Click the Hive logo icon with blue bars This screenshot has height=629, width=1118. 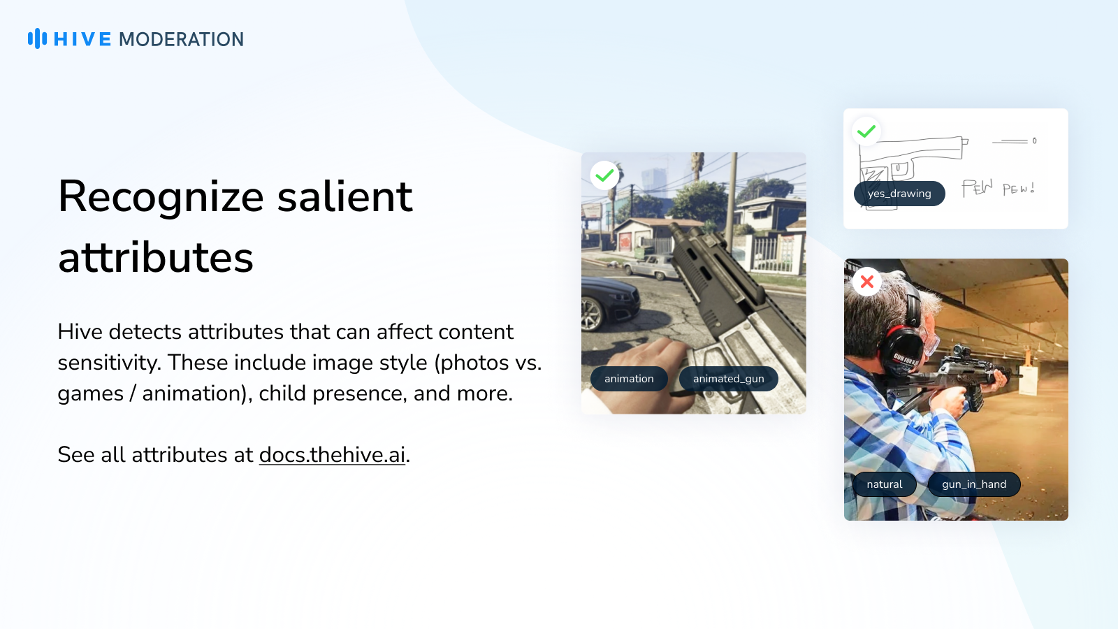(x=38, y=38)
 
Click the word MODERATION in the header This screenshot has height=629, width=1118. (x=181, y=39)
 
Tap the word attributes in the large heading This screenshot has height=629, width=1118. (x=156, y=258)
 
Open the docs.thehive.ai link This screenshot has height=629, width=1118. (x=332, y=455)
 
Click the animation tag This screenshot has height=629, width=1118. (x=629, y=379)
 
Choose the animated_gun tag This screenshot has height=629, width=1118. (x=728, y=379)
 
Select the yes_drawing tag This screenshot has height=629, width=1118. (x=899, y=194)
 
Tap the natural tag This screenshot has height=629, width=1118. (x=885, y=484)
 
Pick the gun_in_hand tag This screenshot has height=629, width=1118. (x=974, y=484)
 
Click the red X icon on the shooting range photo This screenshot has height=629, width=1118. (x=867, y=282)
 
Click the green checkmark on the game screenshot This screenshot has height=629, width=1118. (x=604, y=175)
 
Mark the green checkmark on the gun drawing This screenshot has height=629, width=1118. (x=866, y=132)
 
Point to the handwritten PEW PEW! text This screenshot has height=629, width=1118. (x=999, y=188)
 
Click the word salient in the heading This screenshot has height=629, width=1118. (x=345, y=196)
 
